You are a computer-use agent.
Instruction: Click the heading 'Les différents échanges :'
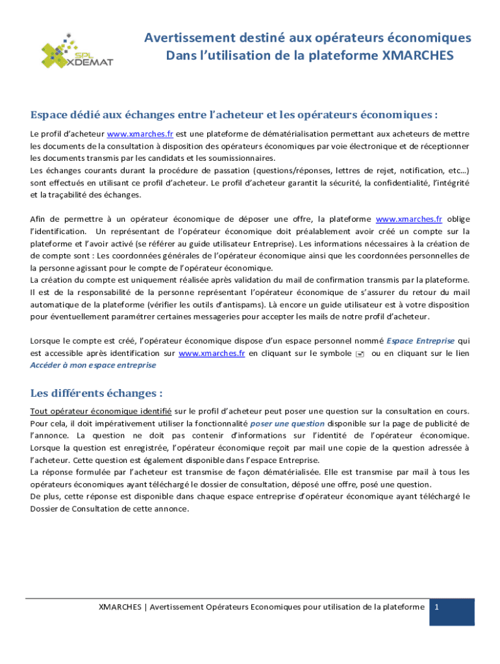point(96,394)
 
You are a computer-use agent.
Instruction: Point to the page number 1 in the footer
point(438,607)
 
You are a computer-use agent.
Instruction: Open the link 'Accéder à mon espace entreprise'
point(94,365)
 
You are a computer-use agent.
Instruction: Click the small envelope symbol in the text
point(360,353)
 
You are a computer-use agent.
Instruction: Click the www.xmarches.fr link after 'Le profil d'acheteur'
point(140,134)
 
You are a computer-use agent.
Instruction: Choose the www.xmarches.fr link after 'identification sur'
point(212,353)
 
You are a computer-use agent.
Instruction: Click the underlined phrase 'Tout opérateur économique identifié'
point(101,411)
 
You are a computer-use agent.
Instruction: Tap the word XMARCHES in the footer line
point(120,607)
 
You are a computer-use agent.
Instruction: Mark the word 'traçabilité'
point(69,195)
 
